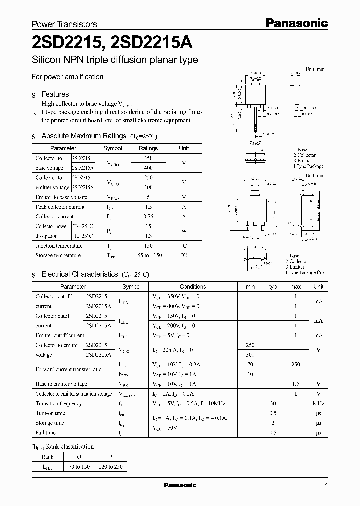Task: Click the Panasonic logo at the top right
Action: click(x=296, y=23)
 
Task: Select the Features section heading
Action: click(x=55, y=94)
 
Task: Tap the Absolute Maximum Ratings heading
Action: click(x=84, y=136)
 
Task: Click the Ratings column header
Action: click(x=148, y=148)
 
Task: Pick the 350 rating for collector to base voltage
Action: click(x=148, y=158)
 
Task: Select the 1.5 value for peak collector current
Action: click(x=148, y=207)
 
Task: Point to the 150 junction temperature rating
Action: click(x=148, y=246)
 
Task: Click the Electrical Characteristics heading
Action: click(x=79, y=274)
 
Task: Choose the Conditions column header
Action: click(x=193, y=287)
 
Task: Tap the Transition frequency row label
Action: click(x=58, y=403)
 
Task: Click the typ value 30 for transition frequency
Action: click(x=273, y=403)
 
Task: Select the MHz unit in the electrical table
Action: click(x=318, y=403)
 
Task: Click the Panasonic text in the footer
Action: click(x=180, y=485)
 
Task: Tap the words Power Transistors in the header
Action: click(x=64, y=24)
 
